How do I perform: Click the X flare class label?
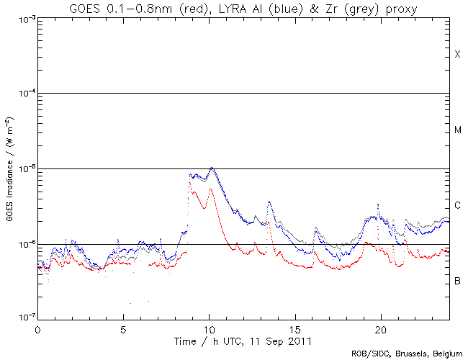point(457,55)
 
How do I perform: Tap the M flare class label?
point(457,130)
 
